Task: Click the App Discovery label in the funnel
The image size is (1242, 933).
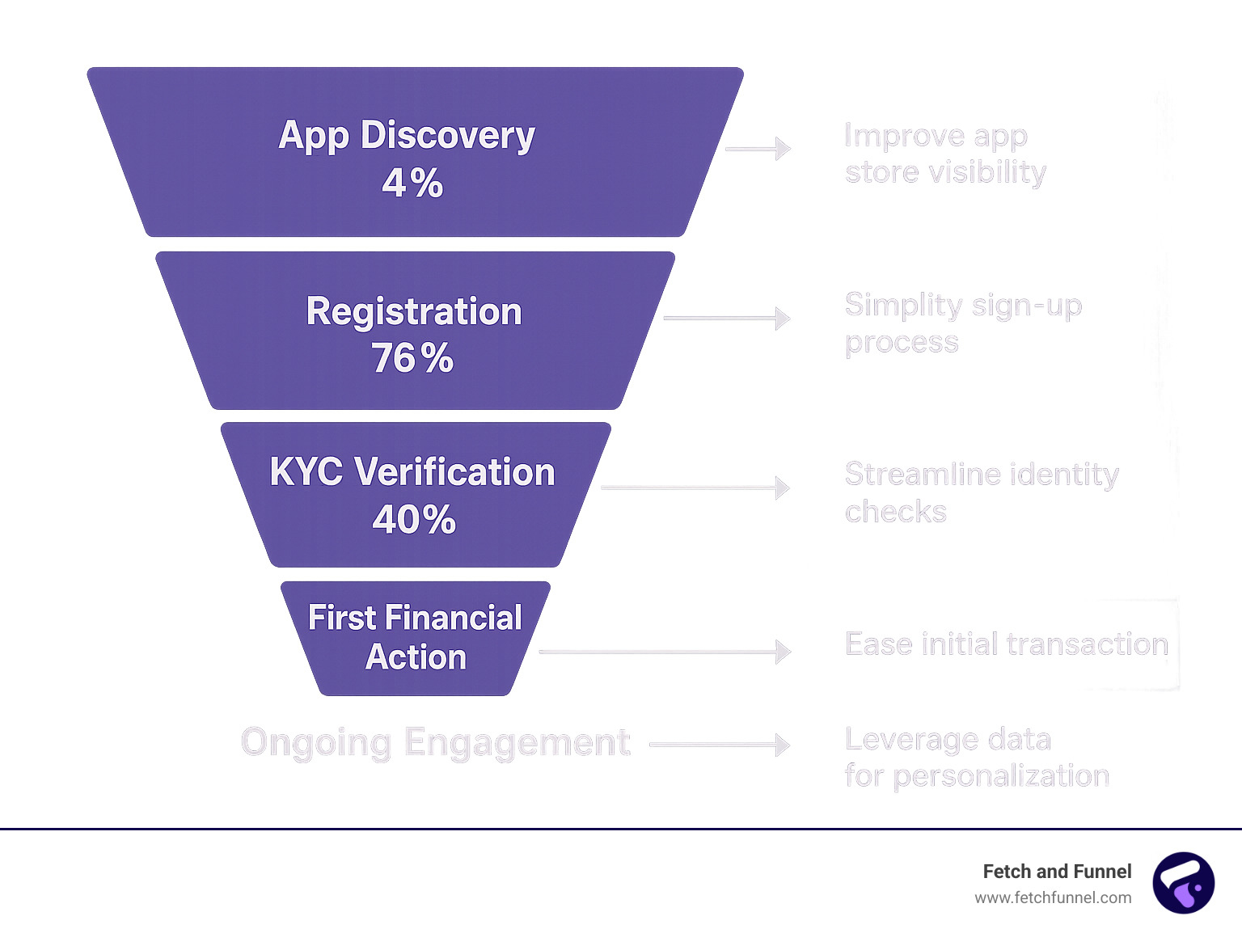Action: [x=407, y=135]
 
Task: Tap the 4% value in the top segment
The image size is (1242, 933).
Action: [x=412, y=183]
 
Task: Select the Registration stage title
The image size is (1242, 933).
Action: [x=414, y=311]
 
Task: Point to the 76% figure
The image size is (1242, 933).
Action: [x=412, y=358]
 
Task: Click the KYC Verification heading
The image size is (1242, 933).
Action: [x=412, y=472]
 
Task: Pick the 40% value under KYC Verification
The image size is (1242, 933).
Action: [x=414, y=519]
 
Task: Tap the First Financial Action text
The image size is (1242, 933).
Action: [x=415, y=637]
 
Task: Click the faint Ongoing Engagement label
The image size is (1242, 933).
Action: [x=436, y=742]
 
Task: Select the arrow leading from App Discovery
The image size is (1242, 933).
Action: [x=758, y=149]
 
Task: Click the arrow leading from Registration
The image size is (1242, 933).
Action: [x=726, y=318]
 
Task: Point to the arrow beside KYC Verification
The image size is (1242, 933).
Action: [x=695, y=488]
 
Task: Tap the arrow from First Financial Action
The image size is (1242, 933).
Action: [x=665, y=651]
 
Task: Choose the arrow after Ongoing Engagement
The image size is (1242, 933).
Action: [x=720, y=745]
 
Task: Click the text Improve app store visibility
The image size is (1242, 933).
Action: [x=944, y=154]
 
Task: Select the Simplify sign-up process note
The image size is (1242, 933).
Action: [x=962, y=323]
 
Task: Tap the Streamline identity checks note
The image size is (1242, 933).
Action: [x=981, y=492]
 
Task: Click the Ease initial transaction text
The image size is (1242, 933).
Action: [x=1007, y=644]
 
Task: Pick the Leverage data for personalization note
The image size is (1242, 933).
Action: [x=976, y=758]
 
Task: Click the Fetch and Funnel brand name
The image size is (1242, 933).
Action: [x=1057, y=872]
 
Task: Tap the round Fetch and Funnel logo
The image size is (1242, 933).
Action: [x=1183, y=883]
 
